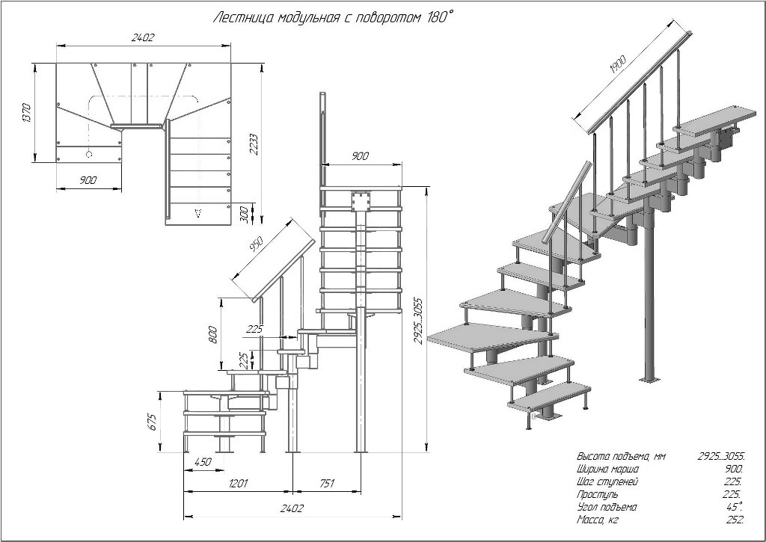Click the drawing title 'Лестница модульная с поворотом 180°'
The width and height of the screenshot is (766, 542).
333,17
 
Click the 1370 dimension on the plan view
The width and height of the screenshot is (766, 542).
27,112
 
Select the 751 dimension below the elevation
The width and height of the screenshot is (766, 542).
327,484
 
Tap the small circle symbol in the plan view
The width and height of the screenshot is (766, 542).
90,155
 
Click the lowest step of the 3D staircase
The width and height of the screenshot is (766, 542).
550,396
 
